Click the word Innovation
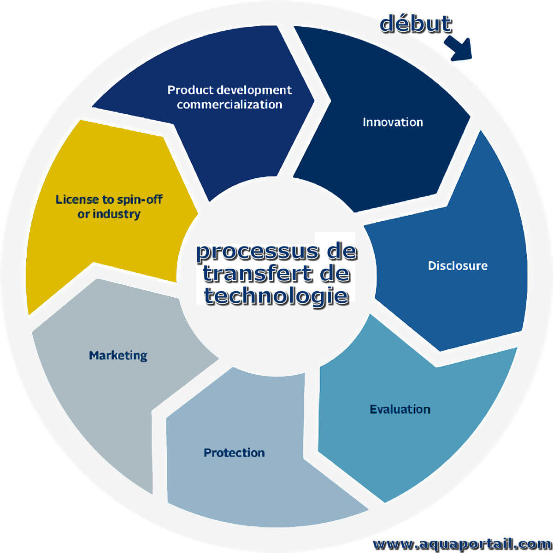[x=393, y=122]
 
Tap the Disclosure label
[x=458, y=266]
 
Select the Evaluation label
[x=400, y=409]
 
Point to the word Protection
[x=234, y=453]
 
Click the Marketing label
[x=118, y=356]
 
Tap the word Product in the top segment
[x=190, y=90]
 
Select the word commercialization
[x=229, y=105]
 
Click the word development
[x=254, y=91]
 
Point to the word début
[x=416, y=24]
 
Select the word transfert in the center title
[x=257, y=273]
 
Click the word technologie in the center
[x=276, y=296]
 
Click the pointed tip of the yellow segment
[x=198, y=213]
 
